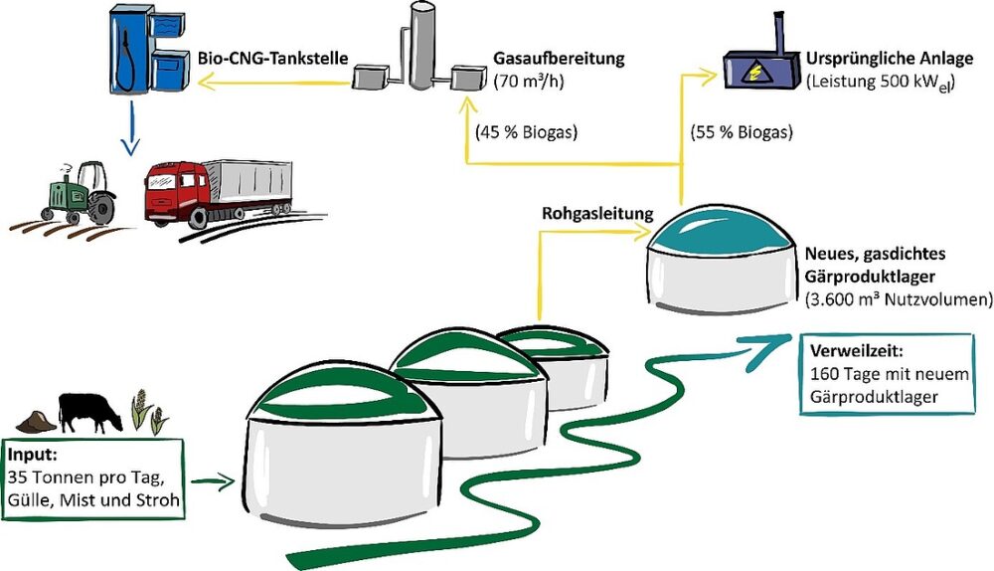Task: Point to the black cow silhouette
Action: pos(89,411)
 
